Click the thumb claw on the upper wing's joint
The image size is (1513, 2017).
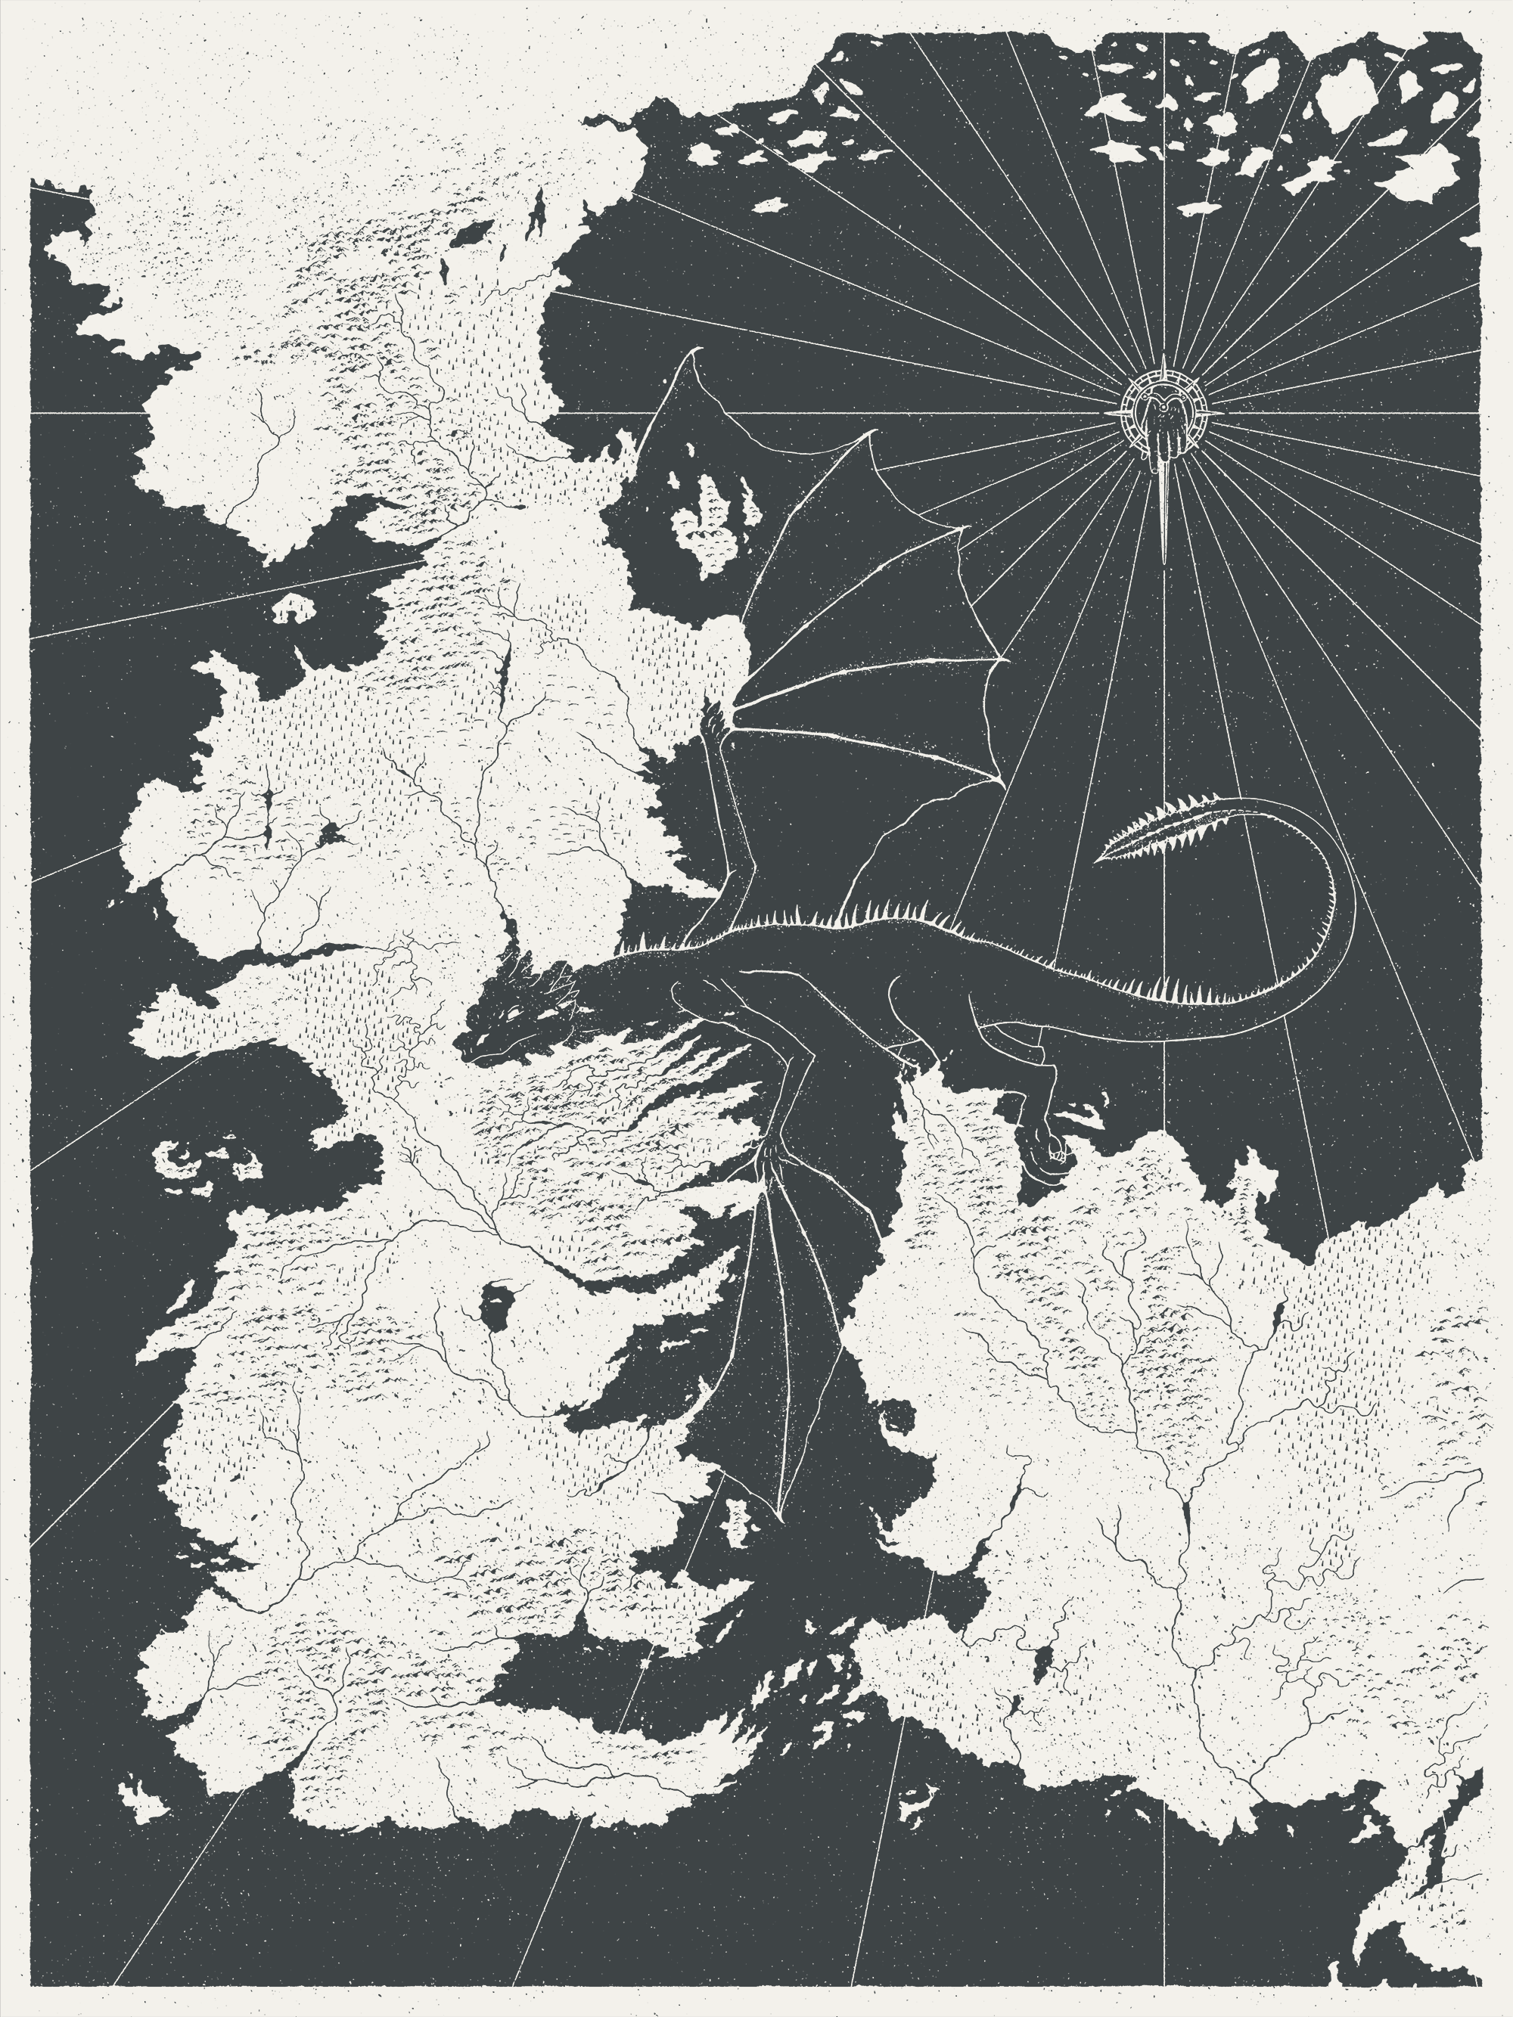[711, 723]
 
